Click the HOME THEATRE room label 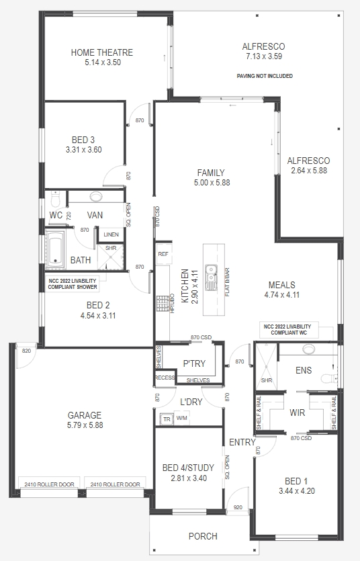point(102,52)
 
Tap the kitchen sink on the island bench point(211,277)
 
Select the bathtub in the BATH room point(55,249)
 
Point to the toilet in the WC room point(56,199)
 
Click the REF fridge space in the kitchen point(163,254)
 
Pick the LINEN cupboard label point(111,234)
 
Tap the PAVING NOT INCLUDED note point(265,76)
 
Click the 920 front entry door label point(238,507)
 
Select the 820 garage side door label point(26,351)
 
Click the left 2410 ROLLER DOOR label point(49,484)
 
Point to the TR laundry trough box point(167,419)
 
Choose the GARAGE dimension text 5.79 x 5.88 point(85,425)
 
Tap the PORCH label point(203,536)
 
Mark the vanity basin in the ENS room point(308,349)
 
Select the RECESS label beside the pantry point(165,378)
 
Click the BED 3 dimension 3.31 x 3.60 point(84,150)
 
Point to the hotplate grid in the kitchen point(163,304)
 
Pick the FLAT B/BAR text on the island point(228,282)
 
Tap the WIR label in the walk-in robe point(297,413)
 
